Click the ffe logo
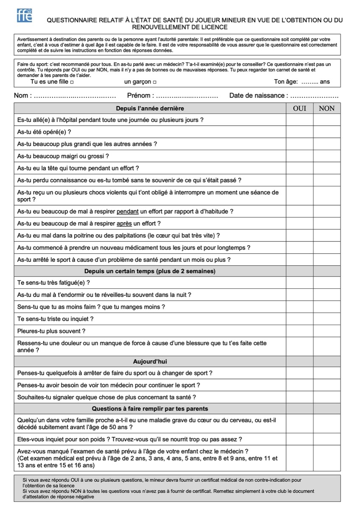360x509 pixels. (x=25, y=15)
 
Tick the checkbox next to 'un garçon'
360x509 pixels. (x=155, y=82)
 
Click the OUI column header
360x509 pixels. (x=300, y=108)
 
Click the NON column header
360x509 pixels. (x=326, y=108)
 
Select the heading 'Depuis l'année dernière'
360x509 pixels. (x=150, y=108)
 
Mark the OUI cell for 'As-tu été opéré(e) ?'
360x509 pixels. (x=300, y=132)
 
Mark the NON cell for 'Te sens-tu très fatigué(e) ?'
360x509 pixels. (x=326, y=282)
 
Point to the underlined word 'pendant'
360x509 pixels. (x=128, y=211)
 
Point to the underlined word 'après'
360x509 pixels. (x=124, y=224)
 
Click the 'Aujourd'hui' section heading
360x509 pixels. (x=150, y=361)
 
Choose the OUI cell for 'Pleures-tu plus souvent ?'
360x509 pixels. (x=300, y=331)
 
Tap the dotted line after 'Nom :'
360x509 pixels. (x=75, y=96)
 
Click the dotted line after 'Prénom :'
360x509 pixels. (x=187, y=96)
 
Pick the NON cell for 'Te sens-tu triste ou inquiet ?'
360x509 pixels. (x=326, y=319)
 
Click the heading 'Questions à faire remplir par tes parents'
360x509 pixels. (x=150, y=409)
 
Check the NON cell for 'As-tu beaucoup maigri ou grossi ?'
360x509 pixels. (x=326, y=156)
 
